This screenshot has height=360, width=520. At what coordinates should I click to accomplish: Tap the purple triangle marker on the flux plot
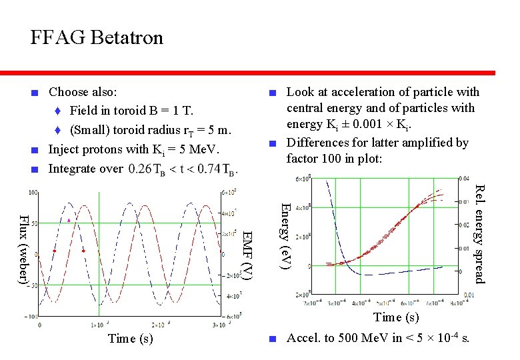(69, 219)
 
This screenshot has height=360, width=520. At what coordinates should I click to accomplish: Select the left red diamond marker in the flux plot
(55, 251)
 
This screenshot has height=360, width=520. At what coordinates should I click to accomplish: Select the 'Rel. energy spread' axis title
(479, 235)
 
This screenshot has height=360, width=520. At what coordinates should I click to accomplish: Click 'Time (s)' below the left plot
(130, 339)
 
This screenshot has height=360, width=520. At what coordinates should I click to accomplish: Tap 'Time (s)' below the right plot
(396, 317)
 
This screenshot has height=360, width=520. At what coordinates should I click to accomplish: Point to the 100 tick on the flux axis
(32, 193)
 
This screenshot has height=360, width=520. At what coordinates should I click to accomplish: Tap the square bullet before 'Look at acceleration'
(271, 93)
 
